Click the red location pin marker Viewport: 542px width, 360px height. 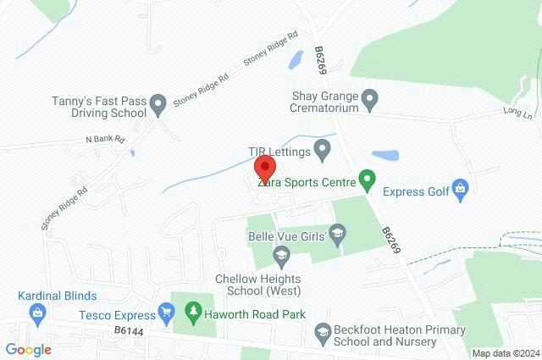[265, 167]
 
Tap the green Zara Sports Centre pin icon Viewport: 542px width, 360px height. [367, 180]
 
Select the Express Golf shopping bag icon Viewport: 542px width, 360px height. [460, 187]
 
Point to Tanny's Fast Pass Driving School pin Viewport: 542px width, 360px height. [158, 106]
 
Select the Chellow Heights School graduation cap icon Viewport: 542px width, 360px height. [281, 254]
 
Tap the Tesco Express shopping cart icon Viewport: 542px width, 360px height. [167, 313]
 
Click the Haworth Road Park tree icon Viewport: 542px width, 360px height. [194, 313]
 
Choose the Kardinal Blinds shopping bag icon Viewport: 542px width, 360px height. [37, 313]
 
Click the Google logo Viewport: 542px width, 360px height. [28, 349]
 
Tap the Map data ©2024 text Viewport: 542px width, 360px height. [505, 353]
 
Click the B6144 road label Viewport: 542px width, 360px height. [129, 330]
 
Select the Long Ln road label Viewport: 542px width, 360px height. [517, 110]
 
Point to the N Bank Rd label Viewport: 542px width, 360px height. [104, 139]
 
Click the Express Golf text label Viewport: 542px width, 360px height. [415, 191]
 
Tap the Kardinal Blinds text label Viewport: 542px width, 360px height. [58, 296]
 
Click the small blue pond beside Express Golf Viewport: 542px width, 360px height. [385, 156]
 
